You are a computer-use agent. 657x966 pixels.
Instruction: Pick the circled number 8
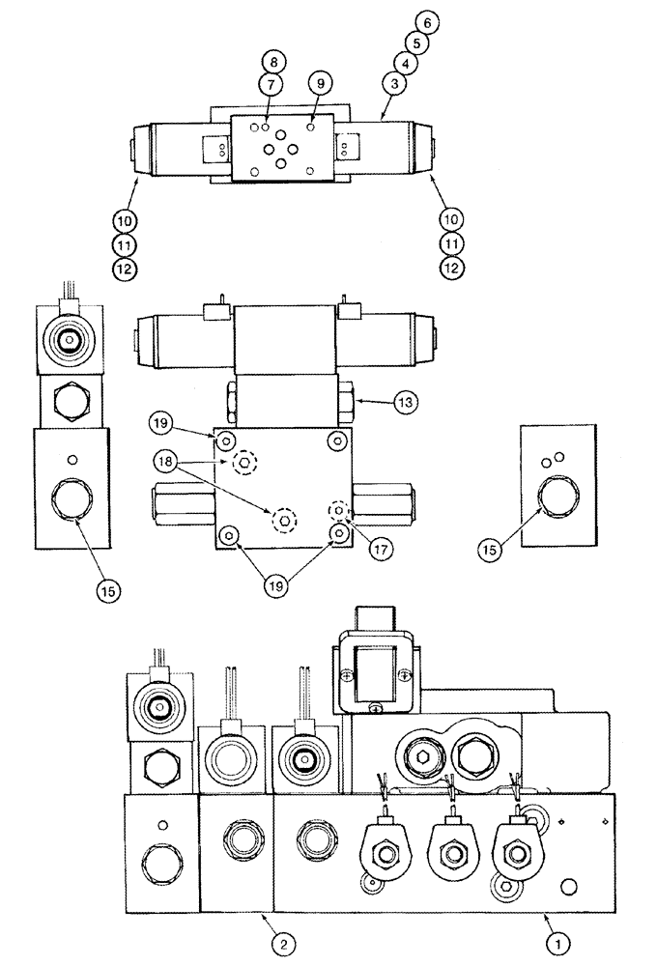(x=273, y=63)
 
